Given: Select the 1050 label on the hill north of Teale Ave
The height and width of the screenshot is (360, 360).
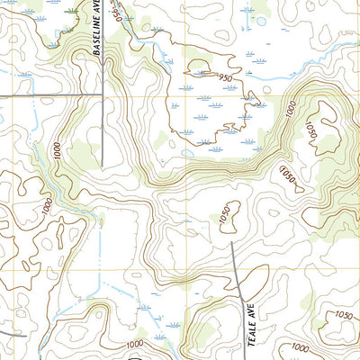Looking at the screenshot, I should [x=226, y=215].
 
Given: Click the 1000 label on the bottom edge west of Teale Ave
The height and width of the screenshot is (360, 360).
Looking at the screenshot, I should [x=135, y=345].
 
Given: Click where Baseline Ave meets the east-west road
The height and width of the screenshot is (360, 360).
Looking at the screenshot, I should [x=102, y=93].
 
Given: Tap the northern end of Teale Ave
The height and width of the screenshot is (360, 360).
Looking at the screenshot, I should [x=233, y=241].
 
